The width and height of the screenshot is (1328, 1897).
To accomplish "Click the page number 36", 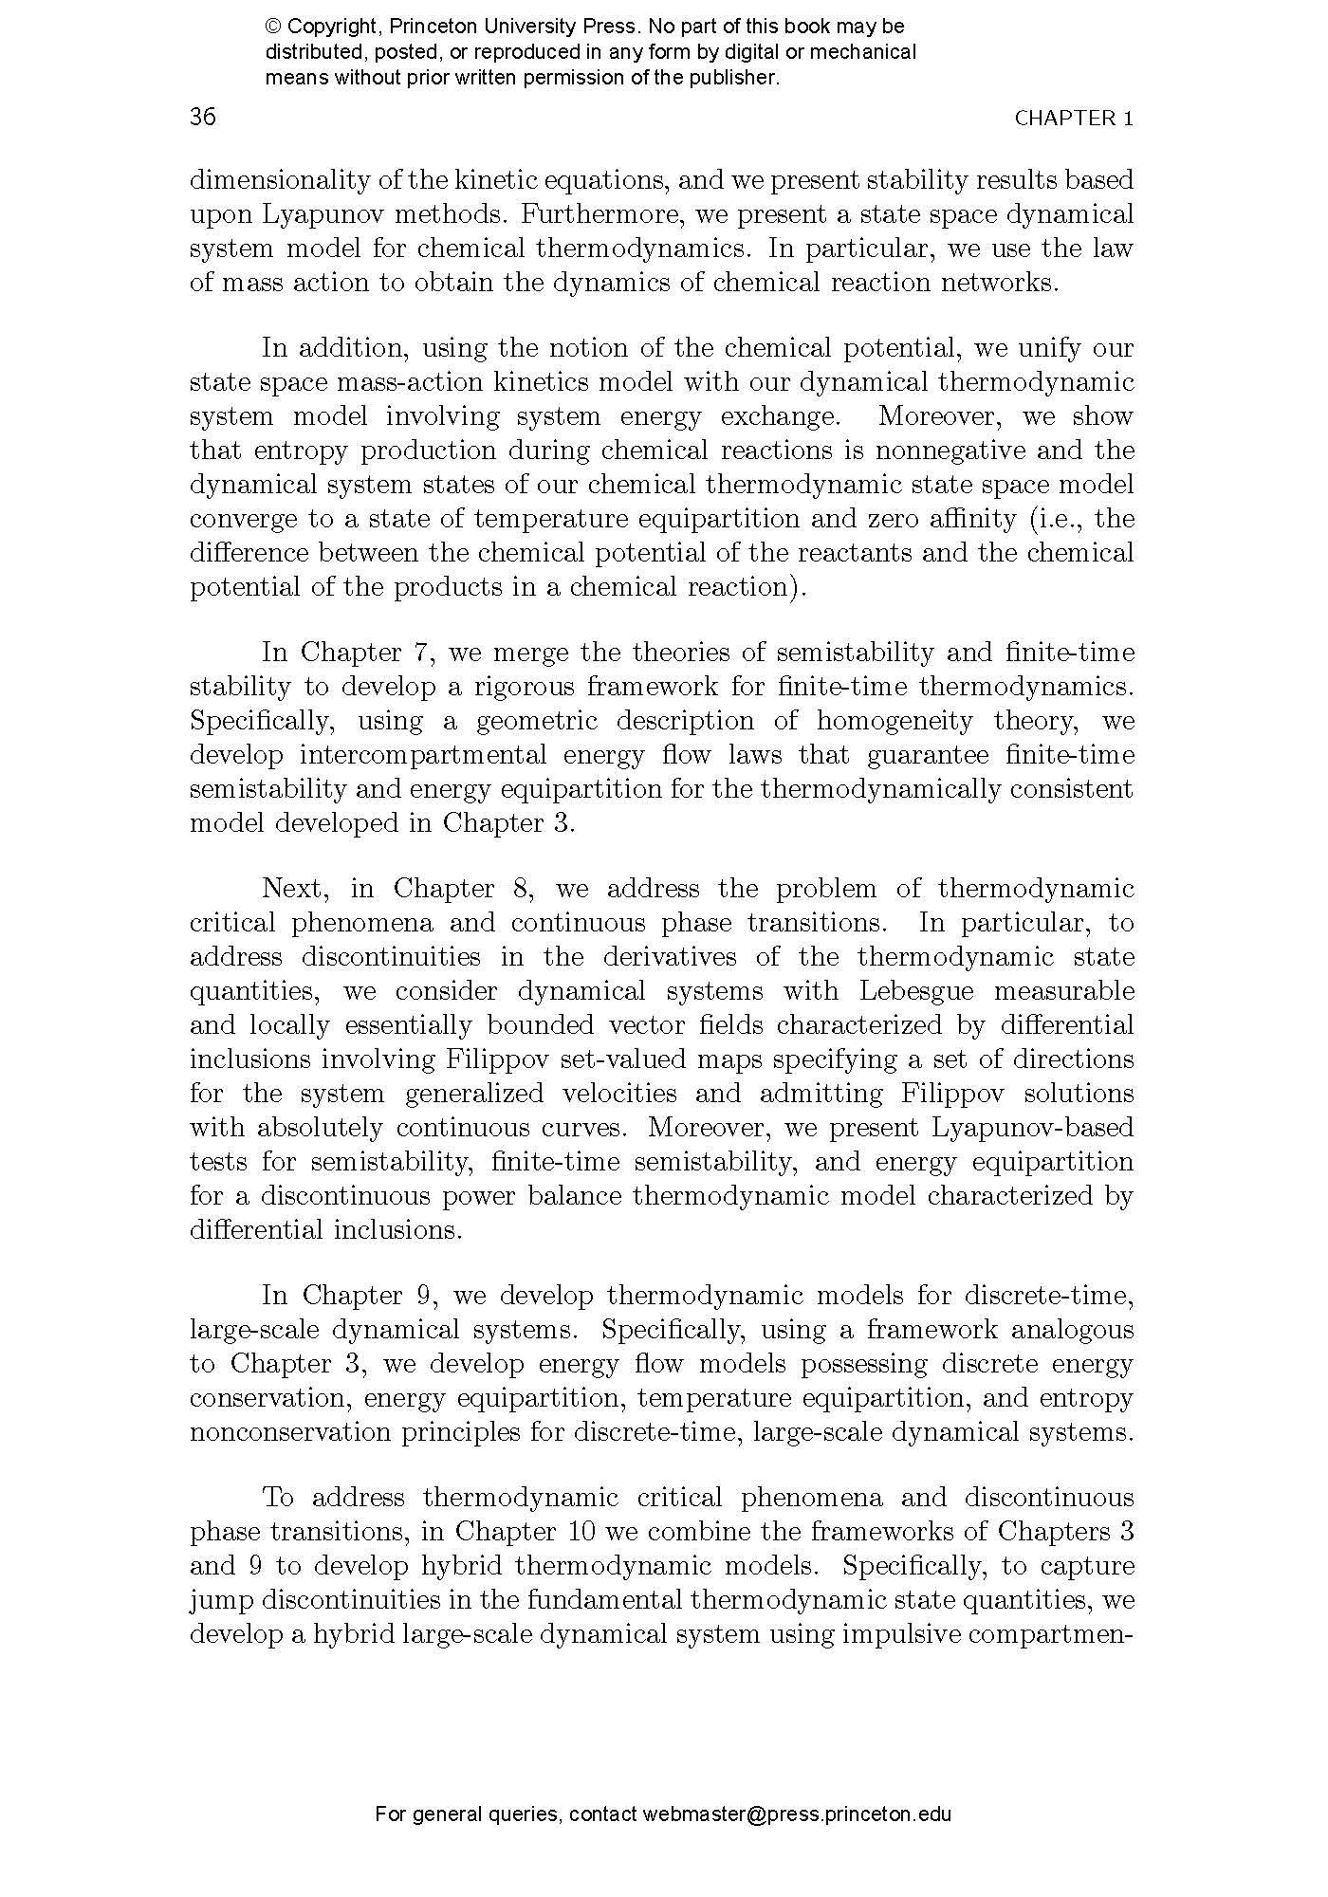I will tap(203, 117).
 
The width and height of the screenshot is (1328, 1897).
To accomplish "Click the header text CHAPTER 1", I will tap(1074, 119).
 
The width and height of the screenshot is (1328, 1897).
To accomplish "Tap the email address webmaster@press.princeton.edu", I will tap(797, 1814).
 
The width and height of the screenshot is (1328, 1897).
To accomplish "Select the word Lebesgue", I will tap(917, 991).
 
